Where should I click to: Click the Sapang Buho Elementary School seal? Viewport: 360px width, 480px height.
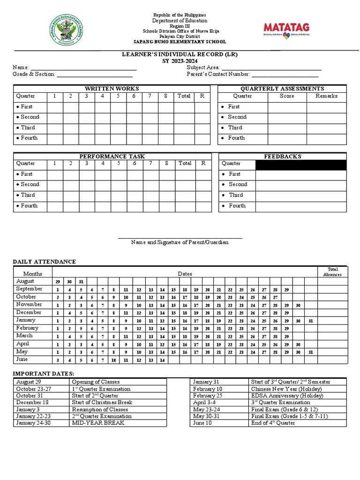pos(66,31)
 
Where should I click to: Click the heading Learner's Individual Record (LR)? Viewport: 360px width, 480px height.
pos(180,54)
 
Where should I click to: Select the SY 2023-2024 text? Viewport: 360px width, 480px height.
pos(180,61)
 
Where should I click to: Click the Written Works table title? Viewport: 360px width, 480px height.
pos(112,89)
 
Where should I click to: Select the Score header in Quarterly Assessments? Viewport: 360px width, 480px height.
pos(287,96)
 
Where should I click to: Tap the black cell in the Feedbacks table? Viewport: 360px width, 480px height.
pos(301,165)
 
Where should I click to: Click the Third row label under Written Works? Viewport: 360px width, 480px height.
pos(27,127)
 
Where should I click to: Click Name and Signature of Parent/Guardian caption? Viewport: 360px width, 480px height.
pos(180,242)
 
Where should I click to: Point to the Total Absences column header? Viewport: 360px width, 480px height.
pos(332,272)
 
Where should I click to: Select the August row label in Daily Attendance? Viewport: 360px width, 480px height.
pos(25,281)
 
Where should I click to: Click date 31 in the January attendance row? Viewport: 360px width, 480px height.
pos(310,321)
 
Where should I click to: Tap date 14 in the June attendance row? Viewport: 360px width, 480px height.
pos(162,360)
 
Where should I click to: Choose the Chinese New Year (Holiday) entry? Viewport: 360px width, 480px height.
pos(286,389)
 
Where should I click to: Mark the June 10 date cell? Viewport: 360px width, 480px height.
pos(202,423)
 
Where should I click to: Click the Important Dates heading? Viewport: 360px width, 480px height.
pos(43,373)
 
